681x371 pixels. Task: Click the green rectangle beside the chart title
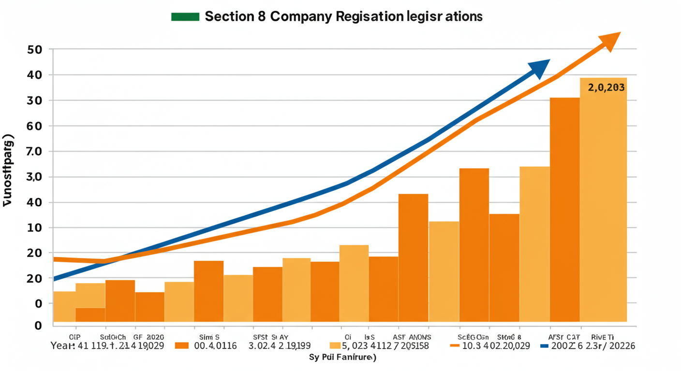(x=185, y=16)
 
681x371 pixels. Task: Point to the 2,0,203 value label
(x=606, y=88)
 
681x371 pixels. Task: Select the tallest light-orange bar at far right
(x=603, y=203)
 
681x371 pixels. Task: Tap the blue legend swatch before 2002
(x=544, y=346)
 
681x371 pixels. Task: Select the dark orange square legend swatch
(x=181, y=346)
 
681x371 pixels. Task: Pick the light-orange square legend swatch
(x=335, y=346)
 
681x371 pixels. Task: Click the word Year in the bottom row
(x=62, y=346)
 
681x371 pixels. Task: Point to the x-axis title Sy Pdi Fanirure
(x=342, y=358)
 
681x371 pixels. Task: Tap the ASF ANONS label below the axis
(x=412, y=337)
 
